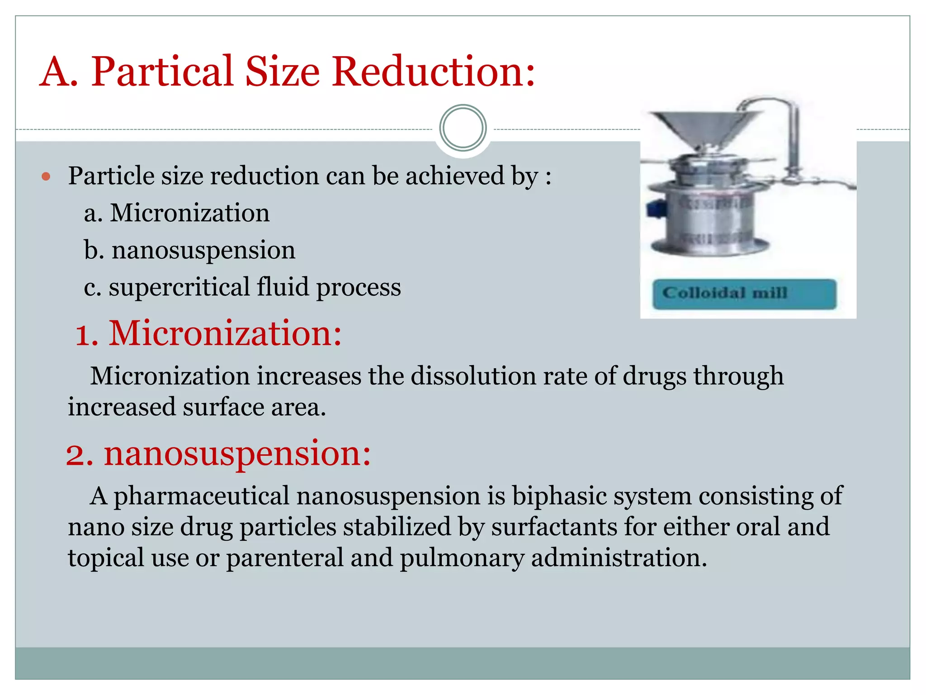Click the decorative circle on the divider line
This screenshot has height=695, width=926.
pyautogui.click(x=463, y=128)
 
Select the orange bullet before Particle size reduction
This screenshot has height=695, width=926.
pyautogui.click(x=46, y=176)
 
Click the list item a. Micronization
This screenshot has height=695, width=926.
pyautogui.click(x=177, y=213)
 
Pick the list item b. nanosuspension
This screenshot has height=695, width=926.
pyautogui.click(x=189, y=250)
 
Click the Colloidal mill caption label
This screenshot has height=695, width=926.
pyautogui.click(x=744, y=294)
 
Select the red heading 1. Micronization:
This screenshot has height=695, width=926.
pyautogui.click(x=208, y=333)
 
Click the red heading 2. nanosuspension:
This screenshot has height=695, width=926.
pyautogui.click(x=218, y=453)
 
